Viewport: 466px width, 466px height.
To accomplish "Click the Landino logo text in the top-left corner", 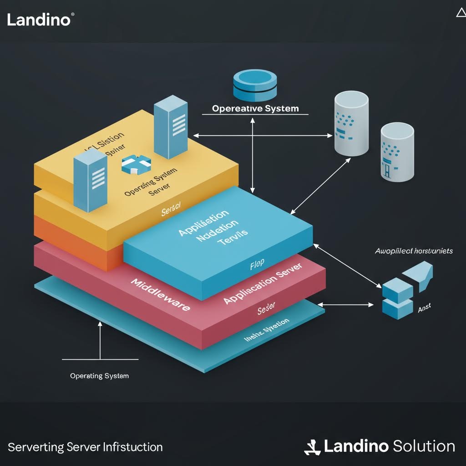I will pyautogui.click(x=39, y=20).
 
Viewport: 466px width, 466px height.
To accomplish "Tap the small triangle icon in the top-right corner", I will pyautogui.click(x=461, y=13).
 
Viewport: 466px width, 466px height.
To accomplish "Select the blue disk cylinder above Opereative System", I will pyautogui.click(x=255, y=85).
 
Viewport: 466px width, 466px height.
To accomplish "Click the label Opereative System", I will pyautogui.click(x=255, y=108).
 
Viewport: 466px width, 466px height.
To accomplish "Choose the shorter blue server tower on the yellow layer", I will pyautogui.click(x=90, y=181).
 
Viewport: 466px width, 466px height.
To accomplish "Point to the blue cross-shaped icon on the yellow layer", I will pyautogui.click(x=136, y=164).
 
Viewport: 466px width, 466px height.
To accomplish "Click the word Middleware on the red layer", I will pyautogui.click(x=160, y=295).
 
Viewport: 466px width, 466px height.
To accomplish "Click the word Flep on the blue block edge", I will pyautogui.click(x=257, y=265).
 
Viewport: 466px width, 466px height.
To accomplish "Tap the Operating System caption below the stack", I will pyautogui.click(x=99, y=376).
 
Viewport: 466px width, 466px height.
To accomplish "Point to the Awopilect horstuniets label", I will pyautogui.click(x=414, y=251).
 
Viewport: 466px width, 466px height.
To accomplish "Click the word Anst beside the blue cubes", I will pyautogui.click(x=424, y=309).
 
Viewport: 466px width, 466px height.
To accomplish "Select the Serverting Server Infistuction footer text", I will pyautogui.click(x=85, y=447).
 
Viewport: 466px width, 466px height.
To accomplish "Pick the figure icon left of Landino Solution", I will pyautogui.click(x=312, y=447).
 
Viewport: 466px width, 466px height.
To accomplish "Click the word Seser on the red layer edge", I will pyautogui.click(x=266, y=310).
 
